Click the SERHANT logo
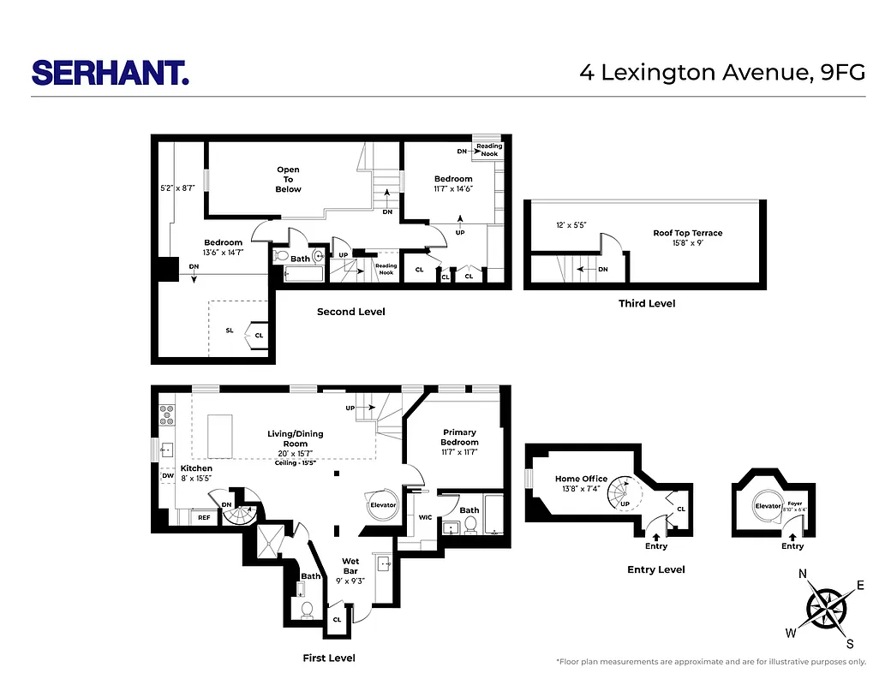110,72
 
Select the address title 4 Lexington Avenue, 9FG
722,72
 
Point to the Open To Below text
288,179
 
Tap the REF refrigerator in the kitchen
204,517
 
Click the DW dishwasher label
167,476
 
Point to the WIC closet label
425,517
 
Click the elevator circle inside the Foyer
767,506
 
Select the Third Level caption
647,304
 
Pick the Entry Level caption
655,569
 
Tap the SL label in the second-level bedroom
229,330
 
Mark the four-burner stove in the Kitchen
166,414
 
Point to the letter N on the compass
803,575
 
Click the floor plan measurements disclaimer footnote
710,662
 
